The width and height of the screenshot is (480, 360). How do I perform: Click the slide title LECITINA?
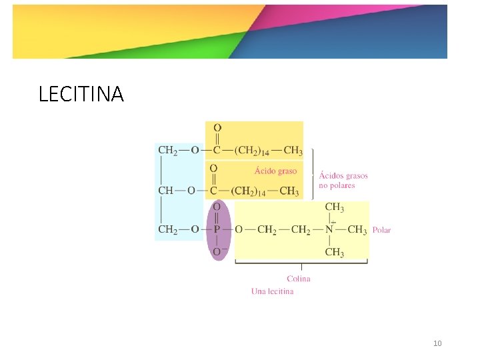81,95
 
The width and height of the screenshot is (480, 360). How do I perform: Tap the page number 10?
437,343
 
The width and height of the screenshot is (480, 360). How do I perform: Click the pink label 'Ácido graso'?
275,171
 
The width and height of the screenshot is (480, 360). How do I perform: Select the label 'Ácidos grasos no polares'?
343,180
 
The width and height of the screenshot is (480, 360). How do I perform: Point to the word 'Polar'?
382,230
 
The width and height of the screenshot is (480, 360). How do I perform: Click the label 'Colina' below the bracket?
299,278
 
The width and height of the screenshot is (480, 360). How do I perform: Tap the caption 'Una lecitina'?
272,291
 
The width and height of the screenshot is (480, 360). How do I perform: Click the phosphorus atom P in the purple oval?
217,230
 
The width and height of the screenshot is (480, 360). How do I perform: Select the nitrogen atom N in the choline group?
329,230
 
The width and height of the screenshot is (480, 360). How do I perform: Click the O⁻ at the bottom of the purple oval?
218,251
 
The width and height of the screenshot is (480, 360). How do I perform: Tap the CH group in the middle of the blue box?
165,191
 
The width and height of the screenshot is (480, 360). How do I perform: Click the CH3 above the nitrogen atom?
334,207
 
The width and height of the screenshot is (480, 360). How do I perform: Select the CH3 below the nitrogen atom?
334,252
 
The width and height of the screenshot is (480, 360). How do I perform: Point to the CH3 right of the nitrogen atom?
357,230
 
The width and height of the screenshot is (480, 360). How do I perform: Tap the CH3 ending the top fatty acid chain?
293,150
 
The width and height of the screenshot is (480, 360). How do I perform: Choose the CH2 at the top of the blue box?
167,150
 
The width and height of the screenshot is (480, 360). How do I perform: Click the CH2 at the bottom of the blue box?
167,230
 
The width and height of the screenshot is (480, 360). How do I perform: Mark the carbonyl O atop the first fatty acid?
217,128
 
